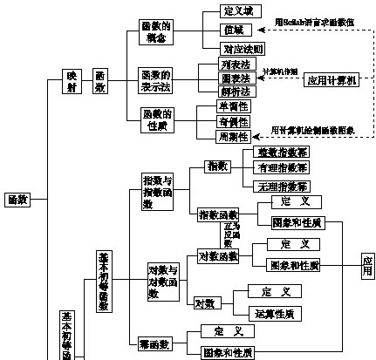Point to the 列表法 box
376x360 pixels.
233,65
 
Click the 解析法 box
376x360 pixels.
233,91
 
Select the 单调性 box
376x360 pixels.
233,106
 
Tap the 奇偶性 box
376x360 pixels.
233,122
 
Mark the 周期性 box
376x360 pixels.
233,137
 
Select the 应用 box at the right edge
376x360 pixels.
367,266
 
